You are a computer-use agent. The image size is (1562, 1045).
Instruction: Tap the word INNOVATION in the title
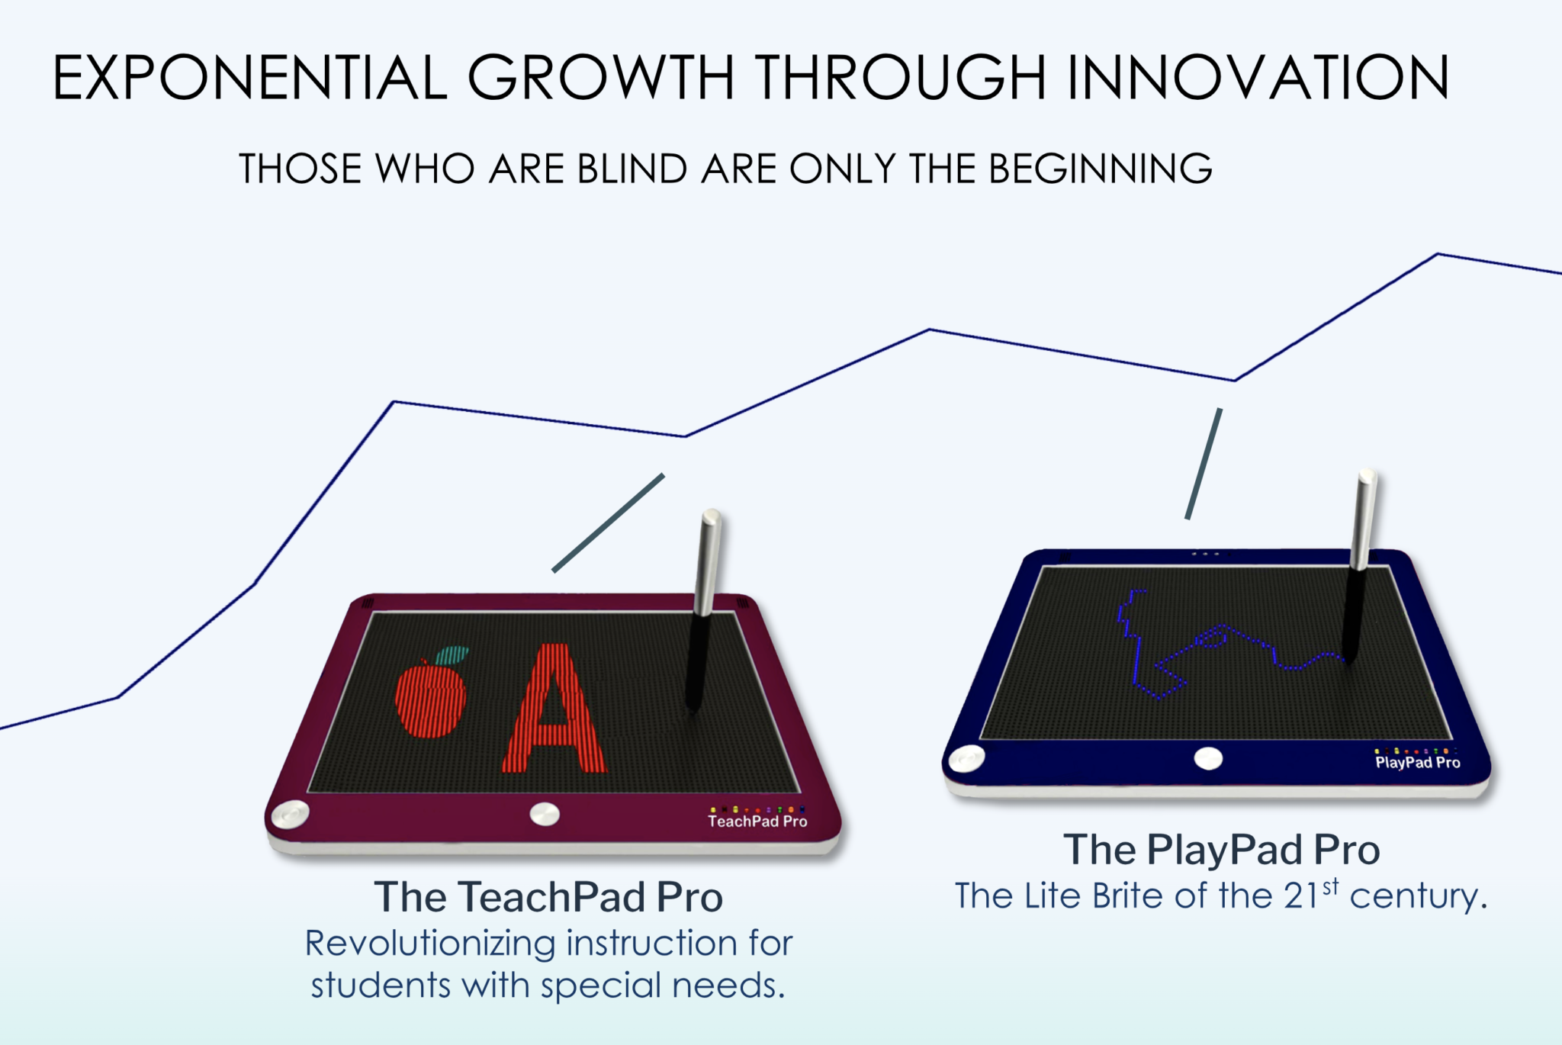pyautogui.click(x=1258, y=77)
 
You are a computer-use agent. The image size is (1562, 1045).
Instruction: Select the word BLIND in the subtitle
pyautogui.click(x=632, y=169)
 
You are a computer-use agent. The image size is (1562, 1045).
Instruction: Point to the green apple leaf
pyautogui.click(x=453, y=654)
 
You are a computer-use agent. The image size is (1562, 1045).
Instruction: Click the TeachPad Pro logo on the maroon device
pyautogui.click(x=757, y=821)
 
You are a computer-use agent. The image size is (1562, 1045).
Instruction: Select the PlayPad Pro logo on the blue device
pyautogui.click(x=1417, y=762)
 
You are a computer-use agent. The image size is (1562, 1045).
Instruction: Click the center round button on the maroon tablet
pyautogui.click(x=545, y=814)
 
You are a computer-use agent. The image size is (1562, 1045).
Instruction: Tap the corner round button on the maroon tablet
pyautogui.click(x=291, y=814)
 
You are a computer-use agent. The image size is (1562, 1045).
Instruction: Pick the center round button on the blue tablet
pyautogui.click(x=1208, y=758)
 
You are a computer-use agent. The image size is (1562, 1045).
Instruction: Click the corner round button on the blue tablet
pyautogui.click(x=966, y=758)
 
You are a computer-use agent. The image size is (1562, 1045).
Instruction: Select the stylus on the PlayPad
pyautogui.click(x=1359, y=564)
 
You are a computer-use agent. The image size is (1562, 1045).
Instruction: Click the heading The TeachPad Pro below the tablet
pyautogui.click(x=548, y=897)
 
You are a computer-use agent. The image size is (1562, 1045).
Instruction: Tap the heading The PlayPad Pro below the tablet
pyautogui.click(x=1221, y=850)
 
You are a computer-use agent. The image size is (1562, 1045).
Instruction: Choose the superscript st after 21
pyautogui.click(x=1331, y=887)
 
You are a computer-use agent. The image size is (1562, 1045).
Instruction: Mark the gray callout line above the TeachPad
pyautogui.click(x=608, y=523)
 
